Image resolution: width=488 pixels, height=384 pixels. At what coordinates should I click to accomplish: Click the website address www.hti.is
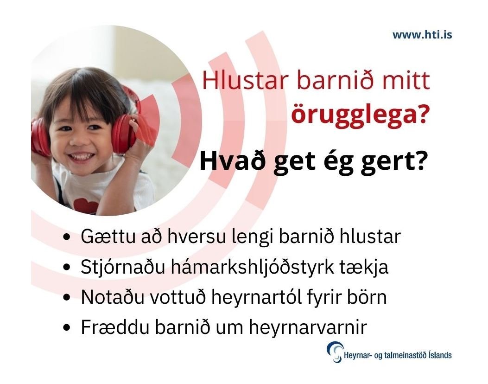pyautogui.click(x=422, y=35)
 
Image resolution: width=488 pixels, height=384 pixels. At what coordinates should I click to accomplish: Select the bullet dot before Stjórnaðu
pyautogui.click(x=68, y=268)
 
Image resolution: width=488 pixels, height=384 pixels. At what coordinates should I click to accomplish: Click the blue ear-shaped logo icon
pyautogui.click(x=334, y=352)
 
